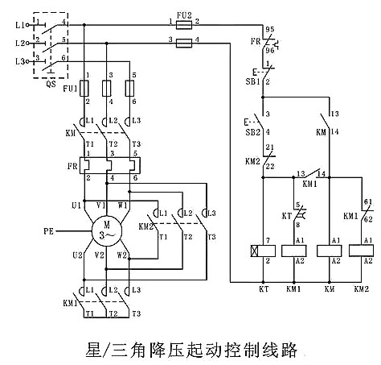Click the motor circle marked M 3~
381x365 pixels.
pos(104,232)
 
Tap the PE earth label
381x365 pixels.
pos(49,232)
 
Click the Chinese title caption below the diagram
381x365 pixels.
pos(191,349)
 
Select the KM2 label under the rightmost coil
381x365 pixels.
pos(362,310)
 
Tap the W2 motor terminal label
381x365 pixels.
pos(122,255)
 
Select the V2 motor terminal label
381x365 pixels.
pos(99,255)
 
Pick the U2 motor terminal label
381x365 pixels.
pos(76,255)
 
